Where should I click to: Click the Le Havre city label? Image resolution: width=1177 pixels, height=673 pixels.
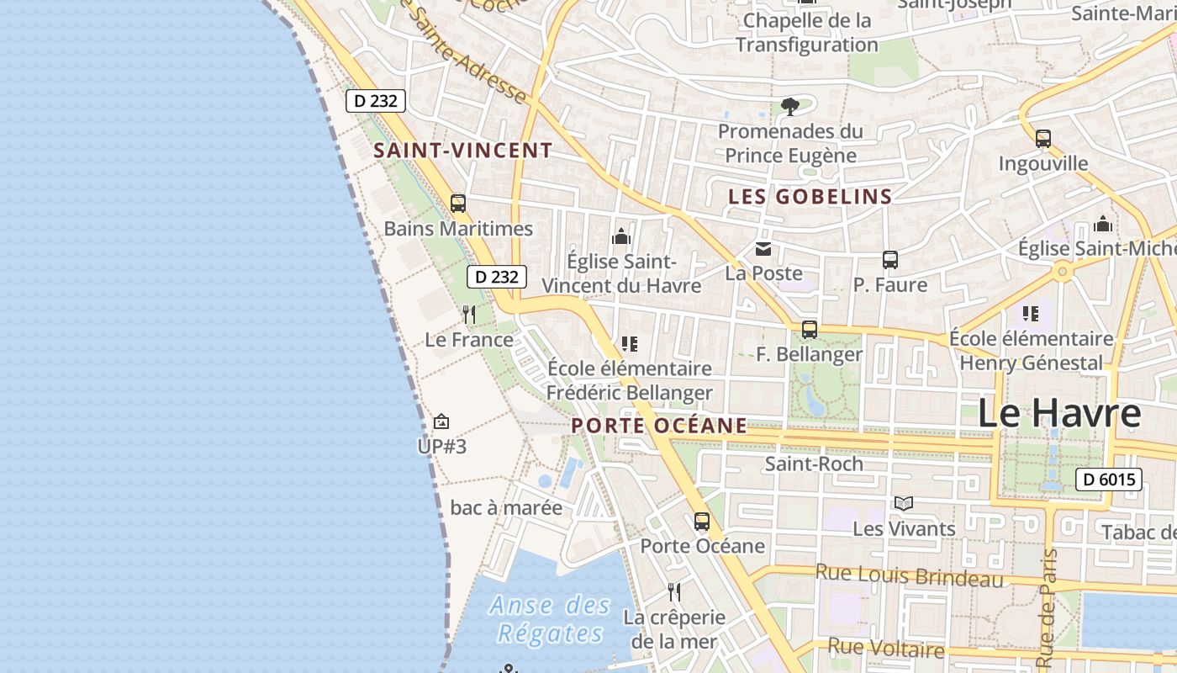click(1059, 414)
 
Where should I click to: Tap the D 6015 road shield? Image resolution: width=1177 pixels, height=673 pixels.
click(1109, 480)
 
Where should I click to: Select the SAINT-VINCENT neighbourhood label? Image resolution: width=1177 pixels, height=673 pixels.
click(463, 151)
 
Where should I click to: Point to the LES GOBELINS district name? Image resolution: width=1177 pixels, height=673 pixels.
click(810, 197)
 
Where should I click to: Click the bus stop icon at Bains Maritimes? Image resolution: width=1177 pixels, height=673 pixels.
click(458, 204)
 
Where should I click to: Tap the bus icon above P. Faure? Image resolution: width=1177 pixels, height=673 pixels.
click(890, 260)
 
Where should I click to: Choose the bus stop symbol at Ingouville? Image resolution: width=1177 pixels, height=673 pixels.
click(1043, 139)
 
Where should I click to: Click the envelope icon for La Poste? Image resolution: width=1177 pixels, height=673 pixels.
click(763, 249)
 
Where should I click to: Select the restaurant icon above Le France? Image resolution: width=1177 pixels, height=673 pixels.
click(469, 315)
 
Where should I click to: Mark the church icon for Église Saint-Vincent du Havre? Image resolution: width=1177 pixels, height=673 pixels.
click(621, 236)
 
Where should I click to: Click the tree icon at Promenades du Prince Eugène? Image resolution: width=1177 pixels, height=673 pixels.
click(789, 106)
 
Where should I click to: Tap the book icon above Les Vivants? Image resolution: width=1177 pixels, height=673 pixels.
click(904, 504)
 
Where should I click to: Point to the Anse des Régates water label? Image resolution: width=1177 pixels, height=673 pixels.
click(551, 618)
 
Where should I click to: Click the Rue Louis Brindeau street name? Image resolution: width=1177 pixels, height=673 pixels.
click(910, 576)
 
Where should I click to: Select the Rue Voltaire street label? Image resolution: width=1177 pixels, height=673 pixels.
click(886, 649)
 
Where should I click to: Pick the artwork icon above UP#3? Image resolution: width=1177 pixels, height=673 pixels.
click(441, 421)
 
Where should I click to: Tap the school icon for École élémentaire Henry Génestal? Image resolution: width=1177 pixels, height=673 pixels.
click(1031, 314)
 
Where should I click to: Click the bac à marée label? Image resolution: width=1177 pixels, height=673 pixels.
click(506, 508)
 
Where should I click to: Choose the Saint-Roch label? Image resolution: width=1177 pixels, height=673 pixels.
click(814, 464)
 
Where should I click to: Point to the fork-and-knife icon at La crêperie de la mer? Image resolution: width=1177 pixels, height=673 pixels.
click(673, 592)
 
